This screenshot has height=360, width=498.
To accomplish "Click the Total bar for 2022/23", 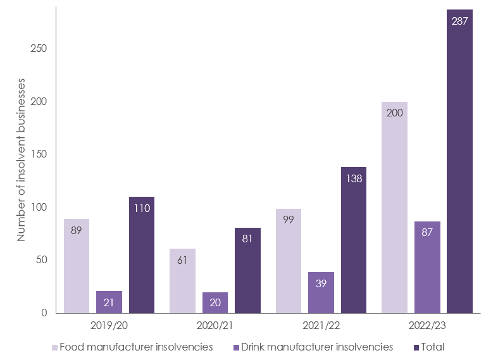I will (x=459, y=164).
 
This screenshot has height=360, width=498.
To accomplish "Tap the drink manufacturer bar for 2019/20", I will (x=109, y=302).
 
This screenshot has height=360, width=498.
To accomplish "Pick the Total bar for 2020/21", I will (x=247, y=272).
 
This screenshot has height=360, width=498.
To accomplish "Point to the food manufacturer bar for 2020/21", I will (x=182, y=282).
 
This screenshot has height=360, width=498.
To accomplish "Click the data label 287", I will (x=460, y=21).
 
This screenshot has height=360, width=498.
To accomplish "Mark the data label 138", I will (x=353, y=179).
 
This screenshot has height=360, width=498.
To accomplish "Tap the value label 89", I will (x=77, y=231).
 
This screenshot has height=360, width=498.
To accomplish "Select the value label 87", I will (x=427, y=233).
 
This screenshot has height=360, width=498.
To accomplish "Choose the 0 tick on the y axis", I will (x=43, y=313).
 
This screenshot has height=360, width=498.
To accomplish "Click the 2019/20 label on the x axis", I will (x=109, y=326).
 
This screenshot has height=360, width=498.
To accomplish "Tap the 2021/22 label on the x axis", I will (x=321, y=326).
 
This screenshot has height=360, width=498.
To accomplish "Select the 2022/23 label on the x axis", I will (x=427, y=326).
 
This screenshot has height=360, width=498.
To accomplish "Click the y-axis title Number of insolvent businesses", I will (x=21, y=159).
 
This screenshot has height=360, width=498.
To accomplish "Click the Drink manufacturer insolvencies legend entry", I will (x=314, y=347).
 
